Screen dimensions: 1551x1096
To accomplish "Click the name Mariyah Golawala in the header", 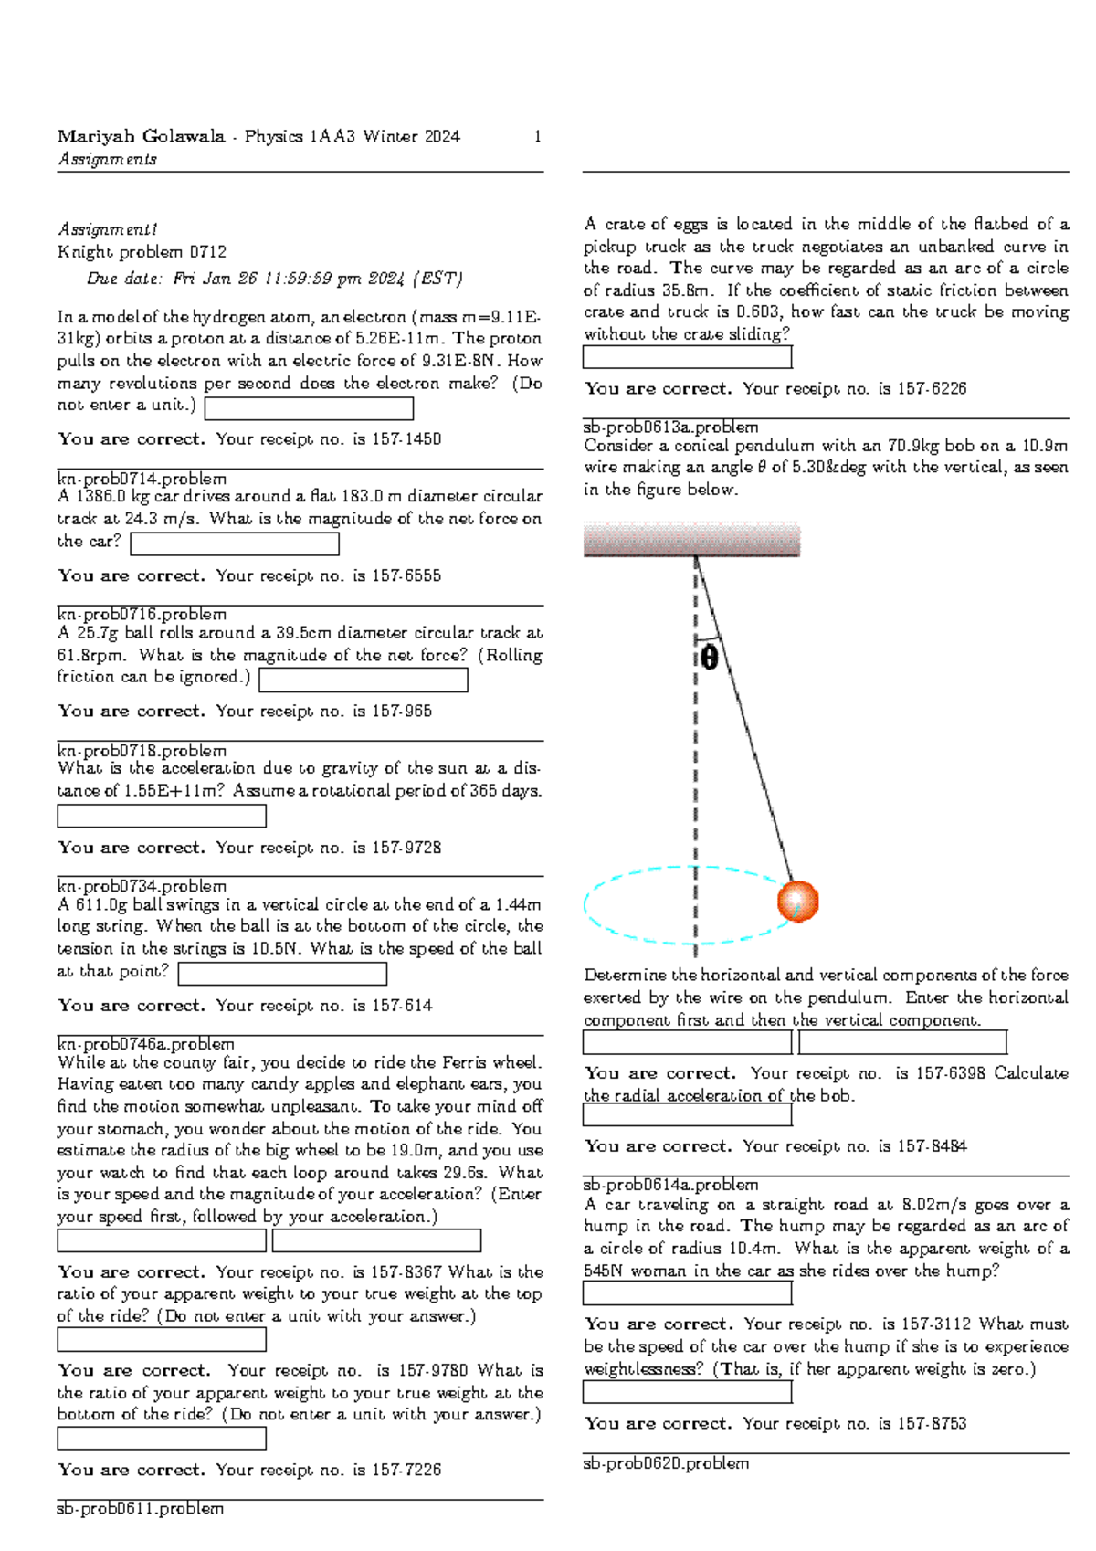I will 141,137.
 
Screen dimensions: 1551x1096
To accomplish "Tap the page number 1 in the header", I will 537,137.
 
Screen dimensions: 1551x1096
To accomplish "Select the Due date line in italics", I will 274,279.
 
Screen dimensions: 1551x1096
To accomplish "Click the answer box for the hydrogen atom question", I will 309,408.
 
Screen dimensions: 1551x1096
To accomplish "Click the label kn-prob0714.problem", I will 142,479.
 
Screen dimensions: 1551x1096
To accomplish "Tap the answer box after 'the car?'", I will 235,543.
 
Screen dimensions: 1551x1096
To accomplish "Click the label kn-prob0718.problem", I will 142,751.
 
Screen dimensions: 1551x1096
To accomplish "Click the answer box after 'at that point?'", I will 282,974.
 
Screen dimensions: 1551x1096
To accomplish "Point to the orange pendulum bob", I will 797,902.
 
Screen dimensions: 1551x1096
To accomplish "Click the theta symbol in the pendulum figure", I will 710,657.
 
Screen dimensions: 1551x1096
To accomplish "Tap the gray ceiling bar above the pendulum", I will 691,539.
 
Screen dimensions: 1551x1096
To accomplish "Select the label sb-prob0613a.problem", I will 670,427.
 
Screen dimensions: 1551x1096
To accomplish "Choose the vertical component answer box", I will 902,1042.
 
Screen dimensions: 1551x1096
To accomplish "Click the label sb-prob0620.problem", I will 666,1463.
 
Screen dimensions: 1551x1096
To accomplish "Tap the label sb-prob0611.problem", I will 140,1509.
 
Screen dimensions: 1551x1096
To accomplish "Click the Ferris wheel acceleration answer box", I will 376,1240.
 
